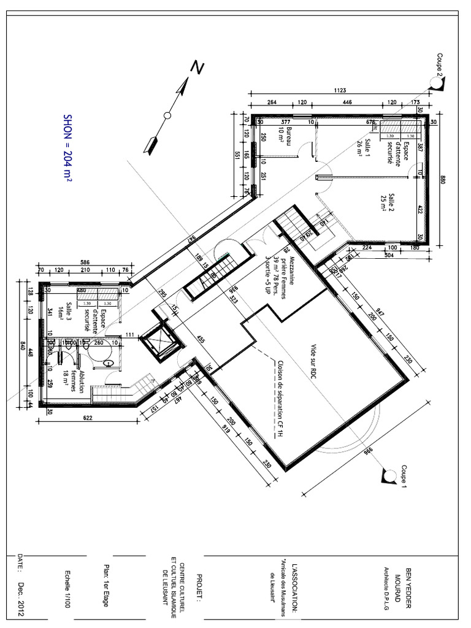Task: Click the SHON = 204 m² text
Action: (67, 147)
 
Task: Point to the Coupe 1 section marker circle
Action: (389, 475)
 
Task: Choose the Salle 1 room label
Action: (364, 149)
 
